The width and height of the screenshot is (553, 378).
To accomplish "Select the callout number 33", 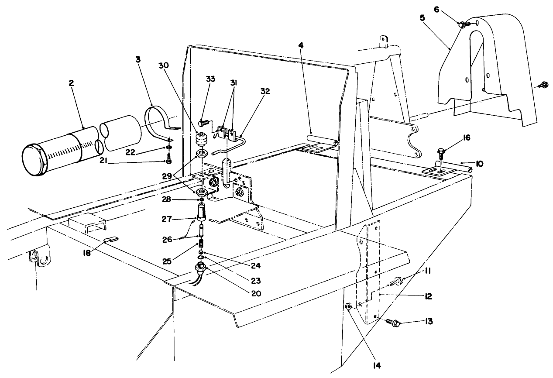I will pos(211,79).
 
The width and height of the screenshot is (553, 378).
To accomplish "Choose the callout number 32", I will pos(265,92).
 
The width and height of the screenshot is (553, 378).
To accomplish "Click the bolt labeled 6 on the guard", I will pos(462,25).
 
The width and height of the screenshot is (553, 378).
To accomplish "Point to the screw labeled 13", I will pos(394,323).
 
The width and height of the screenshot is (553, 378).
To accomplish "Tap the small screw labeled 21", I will pos(168,161).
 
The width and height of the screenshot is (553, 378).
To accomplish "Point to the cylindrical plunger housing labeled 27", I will pos(201,213).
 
